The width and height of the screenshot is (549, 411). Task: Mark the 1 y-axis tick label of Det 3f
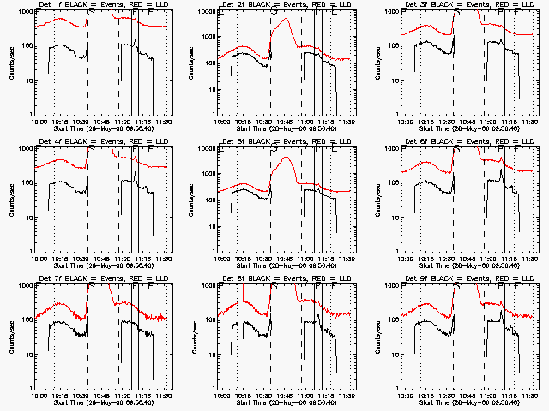[400, 115]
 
